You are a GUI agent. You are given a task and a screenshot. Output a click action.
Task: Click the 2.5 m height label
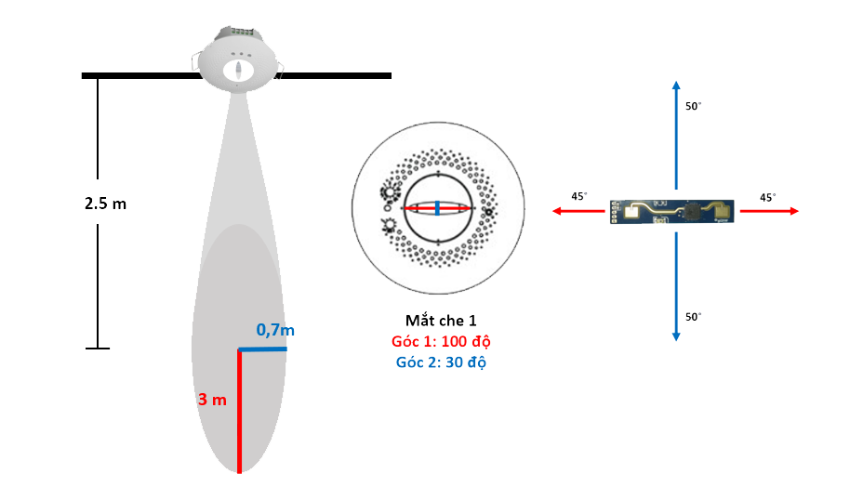[104, 204]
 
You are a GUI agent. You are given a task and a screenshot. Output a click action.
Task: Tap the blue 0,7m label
[276, 330]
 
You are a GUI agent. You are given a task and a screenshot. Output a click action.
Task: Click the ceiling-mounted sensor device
[237, 61]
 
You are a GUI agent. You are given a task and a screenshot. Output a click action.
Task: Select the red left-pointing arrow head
[557, 212]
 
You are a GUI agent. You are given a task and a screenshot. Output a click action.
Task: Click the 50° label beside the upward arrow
[694, 107]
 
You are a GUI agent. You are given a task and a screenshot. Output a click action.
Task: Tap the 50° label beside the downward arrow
[694, 316]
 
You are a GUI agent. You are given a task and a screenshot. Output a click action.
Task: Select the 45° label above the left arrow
[579, 197]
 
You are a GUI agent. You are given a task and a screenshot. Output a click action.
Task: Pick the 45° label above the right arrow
[768, 197]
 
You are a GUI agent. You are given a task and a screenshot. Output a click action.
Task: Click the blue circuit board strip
[671, 212]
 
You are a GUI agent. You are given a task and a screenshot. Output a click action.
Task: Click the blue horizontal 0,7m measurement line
[262, 349]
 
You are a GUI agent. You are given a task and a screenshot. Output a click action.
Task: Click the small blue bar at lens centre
[437, 207]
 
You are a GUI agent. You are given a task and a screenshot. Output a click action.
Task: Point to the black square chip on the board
[691, 211]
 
